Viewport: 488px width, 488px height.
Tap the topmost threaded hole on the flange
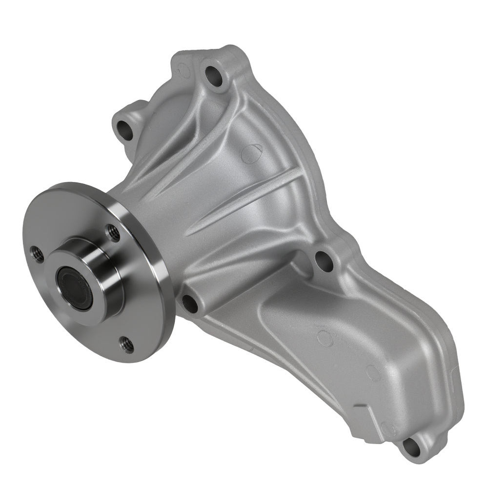coord(113,232)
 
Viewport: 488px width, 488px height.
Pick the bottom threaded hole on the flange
coord(127,345)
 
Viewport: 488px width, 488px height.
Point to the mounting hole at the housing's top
coord(214,74)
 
